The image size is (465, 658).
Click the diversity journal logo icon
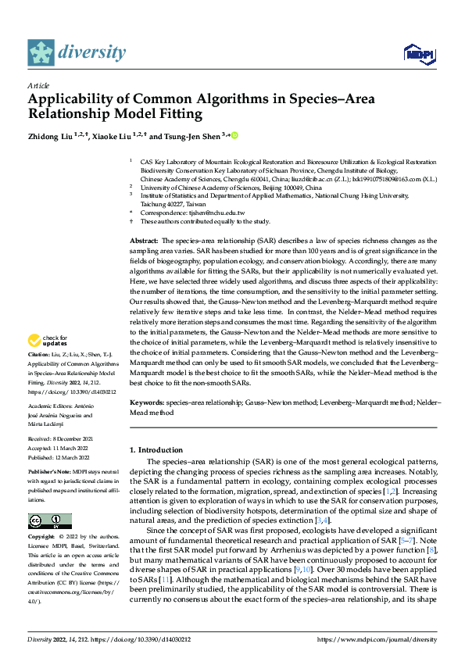[x=41, y=52]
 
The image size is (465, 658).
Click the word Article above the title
[x=38, y=85]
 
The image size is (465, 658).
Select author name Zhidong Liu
[x=48, y=137]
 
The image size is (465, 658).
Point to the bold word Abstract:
[x=144, y=241]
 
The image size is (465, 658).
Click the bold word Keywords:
[x=146, y=402]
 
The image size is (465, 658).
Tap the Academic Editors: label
[x=54, y=406]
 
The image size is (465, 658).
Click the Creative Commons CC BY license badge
[x=49, y=520]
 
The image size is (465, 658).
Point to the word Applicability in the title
[x=75, y=99]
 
